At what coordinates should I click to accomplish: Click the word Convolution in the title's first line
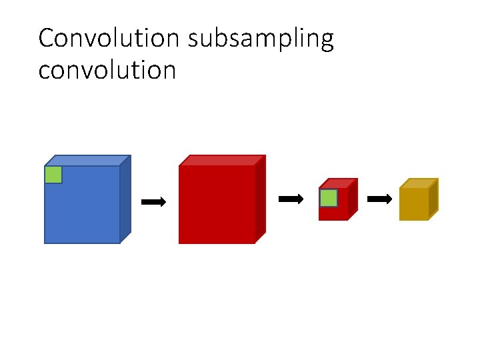[x=109, y=39]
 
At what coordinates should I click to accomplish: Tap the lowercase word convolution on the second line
[x=107, y=69]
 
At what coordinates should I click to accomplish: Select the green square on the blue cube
[x=53, y=175]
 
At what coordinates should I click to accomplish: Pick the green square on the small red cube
[x=329, y=198]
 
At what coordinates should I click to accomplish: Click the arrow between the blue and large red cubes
[x=154, y=201]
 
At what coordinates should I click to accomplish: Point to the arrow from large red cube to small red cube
[x=291, y=199]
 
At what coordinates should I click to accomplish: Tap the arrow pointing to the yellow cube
[x=380, y=199]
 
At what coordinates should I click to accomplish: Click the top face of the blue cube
[x=87, y=161]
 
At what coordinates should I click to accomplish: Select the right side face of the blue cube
[x=125, y=198]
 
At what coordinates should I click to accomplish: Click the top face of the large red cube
[x=222, y=161]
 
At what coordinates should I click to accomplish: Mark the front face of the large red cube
[x=217, y=205]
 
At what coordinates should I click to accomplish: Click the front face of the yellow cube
[x=413, y=204]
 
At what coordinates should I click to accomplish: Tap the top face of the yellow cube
[x=419, y=183]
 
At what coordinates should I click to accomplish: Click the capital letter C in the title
[x=45, y=39]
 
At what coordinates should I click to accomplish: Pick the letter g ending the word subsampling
[x=326, y=42]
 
